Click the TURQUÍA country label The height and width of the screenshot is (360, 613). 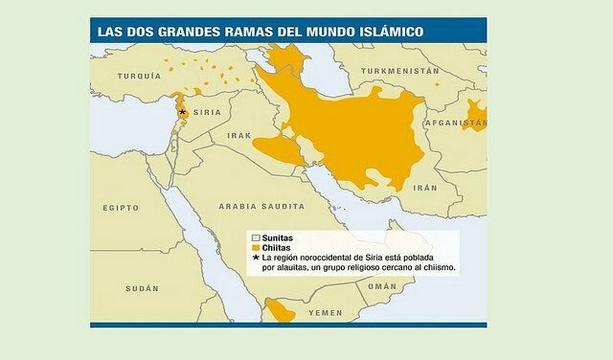139,76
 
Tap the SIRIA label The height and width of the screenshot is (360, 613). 207,112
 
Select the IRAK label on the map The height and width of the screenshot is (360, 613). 239,136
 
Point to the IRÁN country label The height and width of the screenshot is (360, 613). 425,188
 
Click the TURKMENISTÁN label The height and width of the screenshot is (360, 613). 400,71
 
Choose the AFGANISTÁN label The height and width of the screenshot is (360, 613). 456,123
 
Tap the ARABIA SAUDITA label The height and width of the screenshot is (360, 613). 262,206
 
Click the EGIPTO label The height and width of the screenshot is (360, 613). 121,208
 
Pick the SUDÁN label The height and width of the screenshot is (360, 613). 142,289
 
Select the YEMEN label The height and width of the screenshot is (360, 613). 325,313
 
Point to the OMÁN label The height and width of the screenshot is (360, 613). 382,286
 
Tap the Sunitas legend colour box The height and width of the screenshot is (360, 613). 256,238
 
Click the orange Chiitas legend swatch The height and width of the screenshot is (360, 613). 256,248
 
